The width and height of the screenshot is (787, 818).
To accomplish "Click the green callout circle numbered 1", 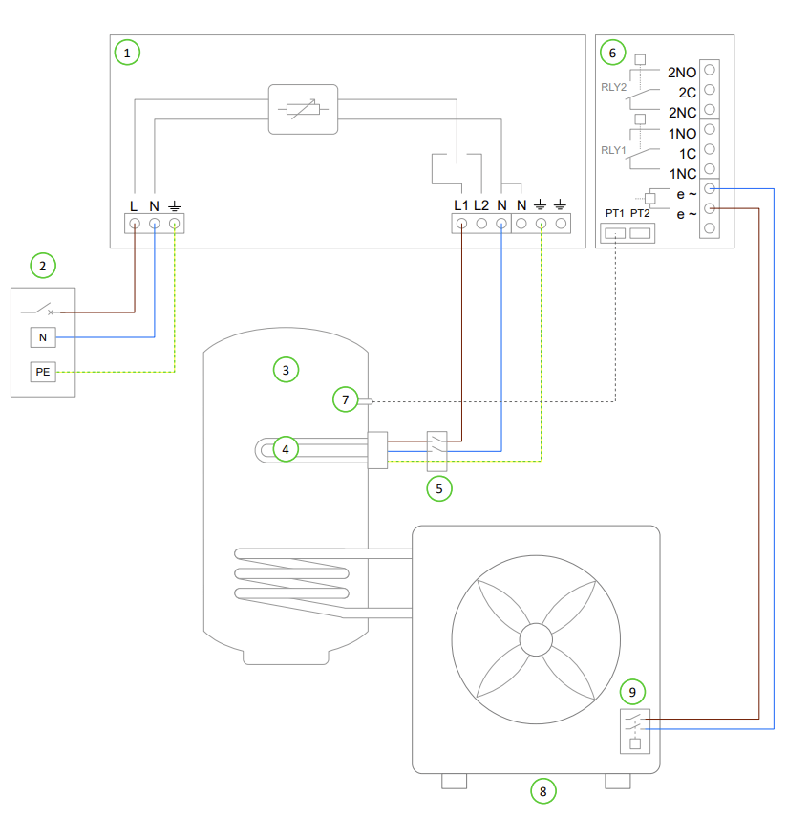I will coord(126,52).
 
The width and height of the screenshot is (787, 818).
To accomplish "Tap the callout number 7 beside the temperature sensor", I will coord(346,399).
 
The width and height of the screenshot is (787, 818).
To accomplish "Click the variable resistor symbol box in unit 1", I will coord(302,108).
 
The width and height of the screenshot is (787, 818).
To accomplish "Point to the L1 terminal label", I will coord(461,204).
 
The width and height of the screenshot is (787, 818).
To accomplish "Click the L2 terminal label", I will coord(481,204).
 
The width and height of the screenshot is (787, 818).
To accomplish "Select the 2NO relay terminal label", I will coord(681,72).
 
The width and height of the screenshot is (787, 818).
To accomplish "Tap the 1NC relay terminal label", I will coord(681,174).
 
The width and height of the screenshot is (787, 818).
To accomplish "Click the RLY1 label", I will coord(612,150).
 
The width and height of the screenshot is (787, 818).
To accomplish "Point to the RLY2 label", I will coord(612,87).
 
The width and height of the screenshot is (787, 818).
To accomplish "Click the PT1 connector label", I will coord(614,213).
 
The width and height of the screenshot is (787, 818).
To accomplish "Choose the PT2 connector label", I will coord(640,213).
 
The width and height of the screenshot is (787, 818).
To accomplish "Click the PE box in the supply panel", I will coord(43,372).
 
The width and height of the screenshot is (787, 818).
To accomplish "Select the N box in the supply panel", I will coord(43,337).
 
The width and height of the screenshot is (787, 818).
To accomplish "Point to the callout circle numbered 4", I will coord(283,448).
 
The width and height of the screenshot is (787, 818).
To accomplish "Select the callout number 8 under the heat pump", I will coord(542,790).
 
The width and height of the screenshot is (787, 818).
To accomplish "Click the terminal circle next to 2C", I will coord(710,92).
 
